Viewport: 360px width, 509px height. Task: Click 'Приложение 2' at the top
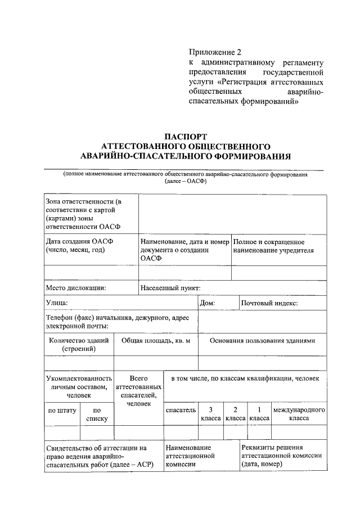pyautogui.click(x=214, y=52)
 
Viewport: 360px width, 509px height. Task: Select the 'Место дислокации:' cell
pyautogui.click(x=76, y=288)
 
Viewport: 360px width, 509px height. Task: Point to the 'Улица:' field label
pyautogui.click(x=57, y=303)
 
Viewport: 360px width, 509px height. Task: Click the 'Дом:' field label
pyautogui.click(x=211, y=303)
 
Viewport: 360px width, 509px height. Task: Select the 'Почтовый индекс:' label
pyautogui.click(x=269, y=303)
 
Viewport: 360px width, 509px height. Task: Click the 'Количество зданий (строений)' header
pyautogui.click(x=78, y=344)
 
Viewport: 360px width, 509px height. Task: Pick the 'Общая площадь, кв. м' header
pyautogui.click(x=156, y=340)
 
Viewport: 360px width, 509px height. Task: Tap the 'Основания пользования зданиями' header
pyautogui.click(x=262, y=340)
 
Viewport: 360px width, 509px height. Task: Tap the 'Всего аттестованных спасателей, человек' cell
pyautogui.click(x=138, y=391)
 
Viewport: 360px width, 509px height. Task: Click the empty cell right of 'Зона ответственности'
pyautogui.click(x=232, y=214)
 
